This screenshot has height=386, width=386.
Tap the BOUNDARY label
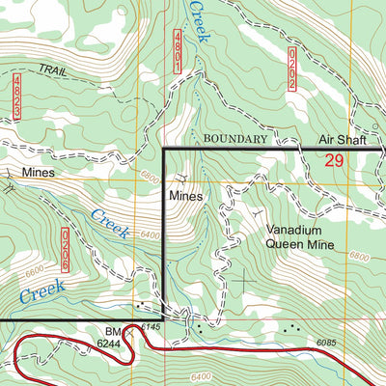click(x=234, y=139)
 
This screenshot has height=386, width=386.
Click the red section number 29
click(x=335, y=160)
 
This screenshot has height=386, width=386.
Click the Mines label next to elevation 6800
click(x=185, y=194)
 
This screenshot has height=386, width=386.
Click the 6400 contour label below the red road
click(x=206, y=376)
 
